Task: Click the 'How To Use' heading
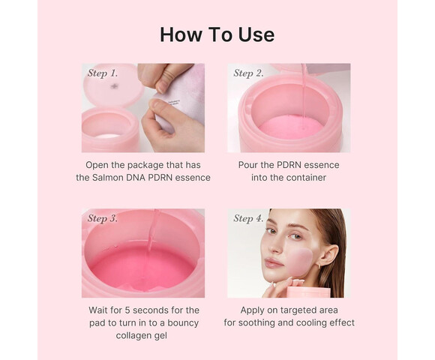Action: (x=217, y=34)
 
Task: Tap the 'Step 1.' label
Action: (x=103, y=73)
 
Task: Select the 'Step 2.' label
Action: (x=248, y=73)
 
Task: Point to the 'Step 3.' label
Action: (x=103, y=218)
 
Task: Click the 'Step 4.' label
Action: (x=248, y=218)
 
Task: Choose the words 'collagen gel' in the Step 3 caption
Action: (x=142, y=334)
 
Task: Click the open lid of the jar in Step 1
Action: (x=112, y=84)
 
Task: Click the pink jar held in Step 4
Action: (x=307, y=292)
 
